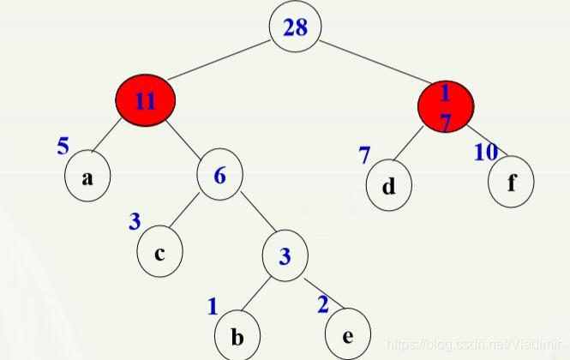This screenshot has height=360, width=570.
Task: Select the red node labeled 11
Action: point(146,100)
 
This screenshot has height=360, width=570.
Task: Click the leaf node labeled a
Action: point(87,178)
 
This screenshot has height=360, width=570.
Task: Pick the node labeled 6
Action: point(219,177)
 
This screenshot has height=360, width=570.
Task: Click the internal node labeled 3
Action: point(285,255)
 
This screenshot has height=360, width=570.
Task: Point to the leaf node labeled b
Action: point(237,334)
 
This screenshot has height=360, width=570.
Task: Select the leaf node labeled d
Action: point(388,184)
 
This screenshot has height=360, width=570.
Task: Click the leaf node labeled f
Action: point(512,183)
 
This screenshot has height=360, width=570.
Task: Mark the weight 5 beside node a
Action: point(63,146)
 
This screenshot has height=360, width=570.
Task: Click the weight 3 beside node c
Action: point(135,221)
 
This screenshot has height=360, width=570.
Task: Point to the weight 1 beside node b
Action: point(213,306)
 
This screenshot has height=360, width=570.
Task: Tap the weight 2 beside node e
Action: point(322,303)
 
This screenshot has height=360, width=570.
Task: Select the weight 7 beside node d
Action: point(364,155)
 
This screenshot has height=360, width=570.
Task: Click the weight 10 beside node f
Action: point(486,153)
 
